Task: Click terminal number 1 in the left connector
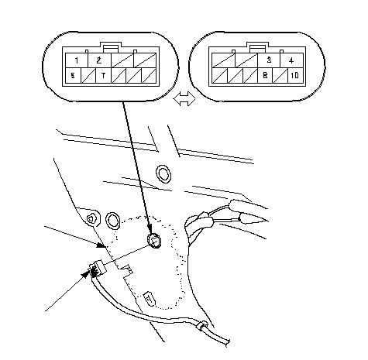[x=77, y=60]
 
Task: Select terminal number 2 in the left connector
[x=99, y=60]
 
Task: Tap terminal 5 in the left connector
[x=74, y=76]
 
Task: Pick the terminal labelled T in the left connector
[x=104, y=76]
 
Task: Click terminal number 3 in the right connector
[x=269, y=60]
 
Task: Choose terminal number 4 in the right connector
[x=291, y=60]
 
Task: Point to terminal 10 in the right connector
[x=295, y=76]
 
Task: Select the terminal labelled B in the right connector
[x=265, y=76]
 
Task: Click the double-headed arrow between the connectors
[x=184, y=98]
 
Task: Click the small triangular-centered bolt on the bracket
[x=91, y=219]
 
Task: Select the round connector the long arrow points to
[x=154, y=241]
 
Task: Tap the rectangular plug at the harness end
[x=98, y=269]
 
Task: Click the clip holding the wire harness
[x=202, y=325]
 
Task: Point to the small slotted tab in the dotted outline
[x=150, y=299]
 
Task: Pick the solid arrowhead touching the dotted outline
[x=101, y=245]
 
